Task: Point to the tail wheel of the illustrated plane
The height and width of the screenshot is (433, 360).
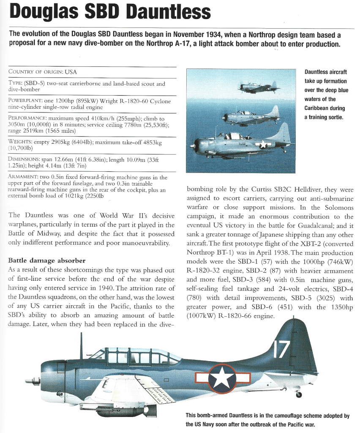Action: (299, 395)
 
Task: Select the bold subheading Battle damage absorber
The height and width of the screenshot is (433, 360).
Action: (47, 260)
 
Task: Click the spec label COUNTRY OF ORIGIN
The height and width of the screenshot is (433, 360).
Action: (35, 72)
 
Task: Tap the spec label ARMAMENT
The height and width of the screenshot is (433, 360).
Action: (24, 177)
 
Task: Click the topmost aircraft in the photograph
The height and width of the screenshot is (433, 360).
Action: (258, 88)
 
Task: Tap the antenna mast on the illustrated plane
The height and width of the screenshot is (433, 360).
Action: (81, 345)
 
